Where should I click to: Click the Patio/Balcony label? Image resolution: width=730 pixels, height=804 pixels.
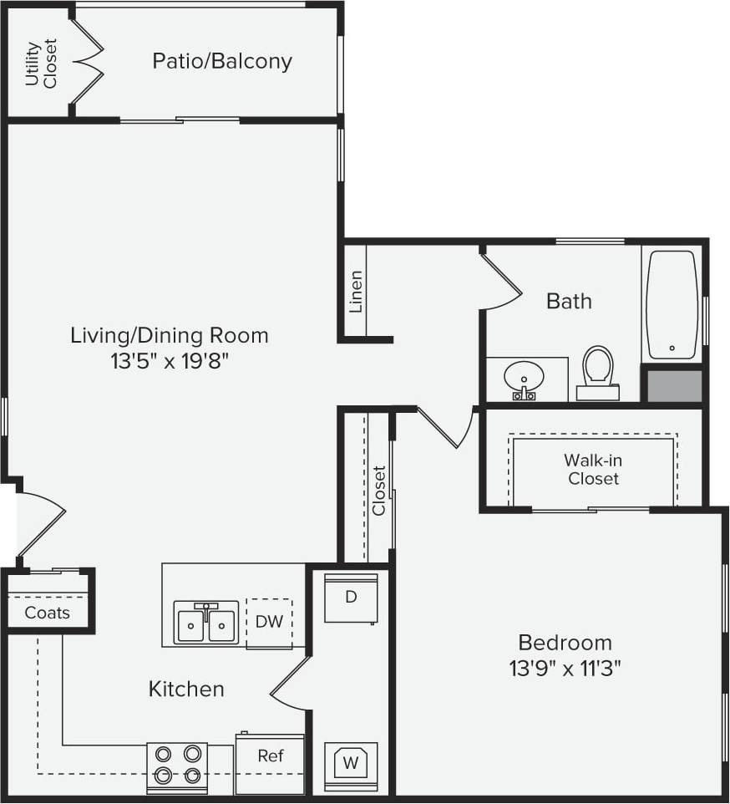point(222,62)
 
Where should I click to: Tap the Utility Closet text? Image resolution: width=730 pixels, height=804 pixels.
point(40,64)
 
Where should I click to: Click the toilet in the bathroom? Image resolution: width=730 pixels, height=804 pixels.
point(597,371)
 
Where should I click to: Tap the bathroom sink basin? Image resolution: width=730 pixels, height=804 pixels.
point(524,376)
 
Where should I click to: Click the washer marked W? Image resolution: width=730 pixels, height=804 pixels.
point(350,762)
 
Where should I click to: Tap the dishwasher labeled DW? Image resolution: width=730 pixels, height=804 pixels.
point(269,622)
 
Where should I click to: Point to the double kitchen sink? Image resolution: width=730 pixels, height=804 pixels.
point(206,623)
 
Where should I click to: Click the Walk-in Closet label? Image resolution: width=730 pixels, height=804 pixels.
point(593,470)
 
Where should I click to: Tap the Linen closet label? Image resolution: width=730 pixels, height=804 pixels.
point(356,291)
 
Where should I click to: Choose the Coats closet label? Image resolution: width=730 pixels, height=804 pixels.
point(47,613)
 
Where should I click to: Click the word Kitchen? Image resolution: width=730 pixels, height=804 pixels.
point(186,690)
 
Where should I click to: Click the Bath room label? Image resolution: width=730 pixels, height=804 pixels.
point(569,301)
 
